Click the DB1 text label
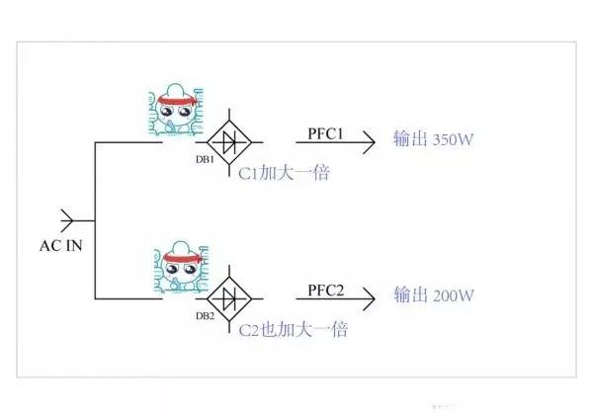(x=205, y=161)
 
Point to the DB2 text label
(x=205, y=315)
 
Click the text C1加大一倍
(x=284, y=173)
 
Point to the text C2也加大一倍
(x=293, y=329)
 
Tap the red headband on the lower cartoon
(x=182, y=256)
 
